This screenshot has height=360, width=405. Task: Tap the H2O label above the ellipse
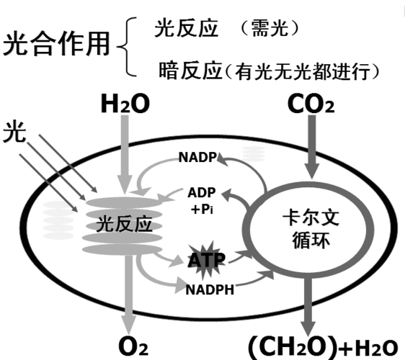point(125,105)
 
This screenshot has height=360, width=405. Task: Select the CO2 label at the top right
point(311,105)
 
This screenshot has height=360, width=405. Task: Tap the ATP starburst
point(205,260)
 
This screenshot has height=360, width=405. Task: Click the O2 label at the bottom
point(133,346)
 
